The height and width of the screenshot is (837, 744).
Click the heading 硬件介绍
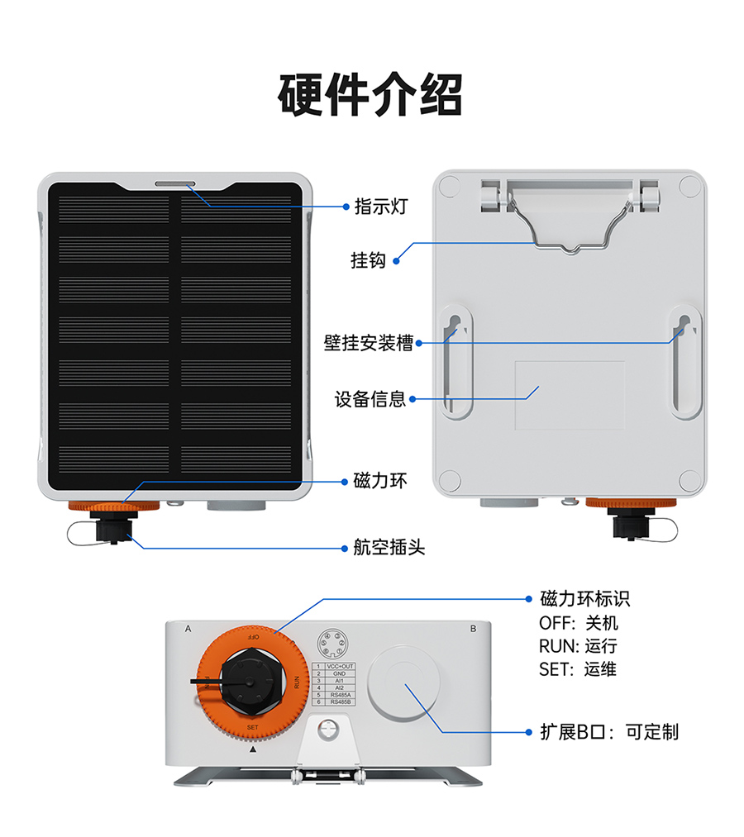[x=370, y=95]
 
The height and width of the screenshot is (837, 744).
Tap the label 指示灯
[x=380, y=207]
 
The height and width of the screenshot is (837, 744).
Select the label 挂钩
[x=369, y=261]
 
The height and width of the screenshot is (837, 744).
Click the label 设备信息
[x=370, y=399]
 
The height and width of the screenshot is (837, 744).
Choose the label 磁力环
[x=380, y=481]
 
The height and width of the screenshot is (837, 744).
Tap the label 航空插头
[x=389, y=547]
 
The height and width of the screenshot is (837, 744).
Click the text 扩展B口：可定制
[x=608, y=731]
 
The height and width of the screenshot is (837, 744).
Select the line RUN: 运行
[x=578, y=646]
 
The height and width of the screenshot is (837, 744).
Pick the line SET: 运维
[x=578, y=669]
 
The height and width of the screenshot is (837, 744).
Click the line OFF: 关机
[x=578, y=623]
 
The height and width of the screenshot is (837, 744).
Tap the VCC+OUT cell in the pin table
[x=340, y=666]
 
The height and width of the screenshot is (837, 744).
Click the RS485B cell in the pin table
[x=340, y=702]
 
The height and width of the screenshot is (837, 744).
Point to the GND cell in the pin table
[x=340, y=673]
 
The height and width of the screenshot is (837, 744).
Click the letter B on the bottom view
[x=473, y=629]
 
